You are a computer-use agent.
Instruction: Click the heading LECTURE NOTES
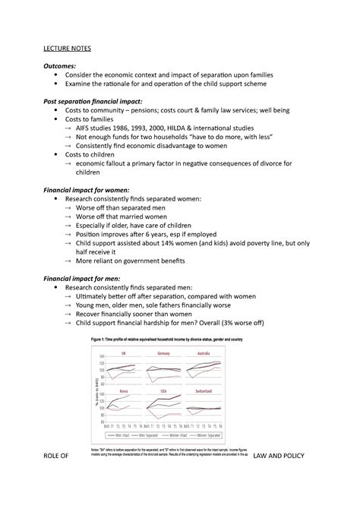pyautogui.click(x=66, y=49)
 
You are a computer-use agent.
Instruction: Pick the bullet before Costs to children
pyautogui.click(x=57, y=153)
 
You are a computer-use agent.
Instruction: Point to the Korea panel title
pyautogui.click(x=124, y=391)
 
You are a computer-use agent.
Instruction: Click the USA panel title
pyautogui.click(x=163, y=391)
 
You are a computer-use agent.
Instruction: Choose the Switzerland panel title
pyautogui.click(x=203, y=391)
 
